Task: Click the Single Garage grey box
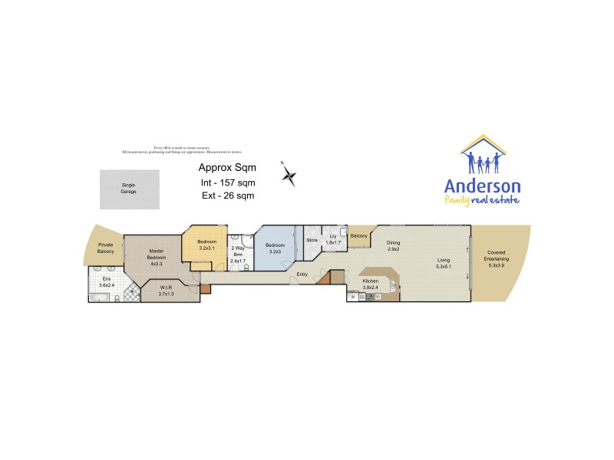point(128,189)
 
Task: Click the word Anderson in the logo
point(483,186)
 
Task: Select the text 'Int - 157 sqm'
point(227,182)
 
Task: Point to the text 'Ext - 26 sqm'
point(226,196)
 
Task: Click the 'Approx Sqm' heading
point(227,167)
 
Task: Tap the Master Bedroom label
point(157,258)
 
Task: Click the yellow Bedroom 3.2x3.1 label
point(205,245)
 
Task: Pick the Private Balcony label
point(105,249)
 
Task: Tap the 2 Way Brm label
point(238,254)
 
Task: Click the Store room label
point(312,241)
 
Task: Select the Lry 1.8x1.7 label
point(333,240)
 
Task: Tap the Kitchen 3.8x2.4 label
point(371,284)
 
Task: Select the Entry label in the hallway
point(302,274)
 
